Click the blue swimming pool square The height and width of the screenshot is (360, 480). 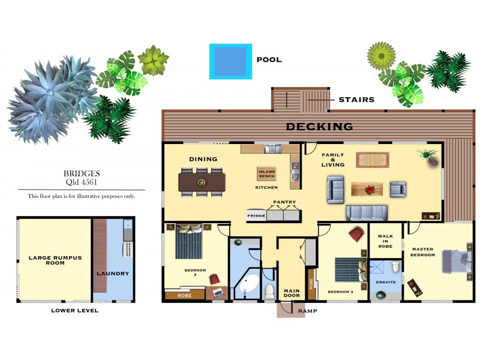[230, 61]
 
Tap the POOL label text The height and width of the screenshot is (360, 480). [269, 60]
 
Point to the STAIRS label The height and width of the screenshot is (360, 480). [356, 100]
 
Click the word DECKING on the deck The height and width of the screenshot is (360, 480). [319, 127]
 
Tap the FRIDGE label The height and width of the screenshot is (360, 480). [256, 214]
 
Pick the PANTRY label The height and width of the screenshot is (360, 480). [284, 202]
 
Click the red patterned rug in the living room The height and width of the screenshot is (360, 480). [372, 160]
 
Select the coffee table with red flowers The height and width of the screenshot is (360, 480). [367, 190]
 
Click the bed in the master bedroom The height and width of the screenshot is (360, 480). [457, 262]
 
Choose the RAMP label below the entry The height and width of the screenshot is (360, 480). [307, 311]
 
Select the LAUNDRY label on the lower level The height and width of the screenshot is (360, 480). [113, 274]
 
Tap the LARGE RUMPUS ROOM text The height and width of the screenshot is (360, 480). [55, 260]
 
